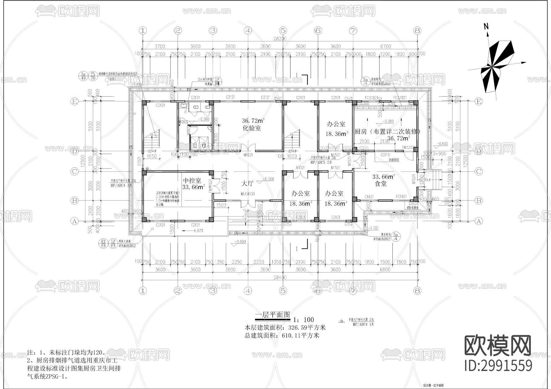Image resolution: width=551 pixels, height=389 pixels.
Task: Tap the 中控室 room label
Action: [x=192, y=180]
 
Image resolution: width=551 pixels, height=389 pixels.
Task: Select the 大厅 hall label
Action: [x=247, y=183]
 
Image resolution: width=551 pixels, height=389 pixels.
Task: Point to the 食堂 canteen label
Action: [x=380, y=184]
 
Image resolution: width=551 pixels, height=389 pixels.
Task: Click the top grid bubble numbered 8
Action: [x=417, y=30]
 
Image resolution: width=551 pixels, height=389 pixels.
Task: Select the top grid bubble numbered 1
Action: [x=143, y=30]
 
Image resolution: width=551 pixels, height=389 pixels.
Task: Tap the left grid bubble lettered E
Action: [x=74, y=102]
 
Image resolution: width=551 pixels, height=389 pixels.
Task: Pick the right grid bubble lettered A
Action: [x=479, y=221]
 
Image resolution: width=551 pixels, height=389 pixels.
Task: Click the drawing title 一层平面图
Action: [x=272, y=315]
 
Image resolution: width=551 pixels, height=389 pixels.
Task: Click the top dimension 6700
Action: [x=385, y=46]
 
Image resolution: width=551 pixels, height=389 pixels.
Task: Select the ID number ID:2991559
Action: [x=498, y=366]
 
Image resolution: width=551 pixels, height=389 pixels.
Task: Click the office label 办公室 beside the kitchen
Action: [x=336, y=124]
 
